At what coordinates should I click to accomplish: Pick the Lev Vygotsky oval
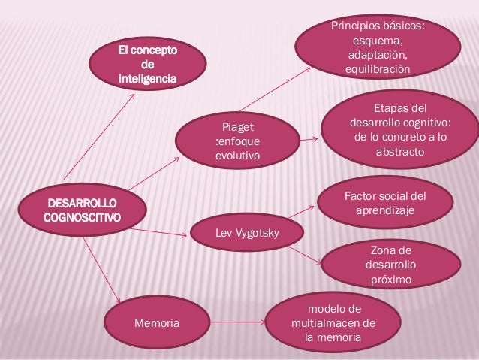[247, 233]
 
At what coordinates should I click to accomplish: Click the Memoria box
[156, 322]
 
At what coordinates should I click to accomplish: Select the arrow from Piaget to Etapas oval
[308, 138]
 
